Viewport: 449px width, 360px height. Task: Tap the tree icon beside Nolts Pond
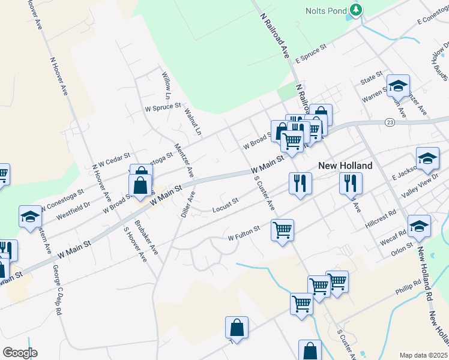point(356,10)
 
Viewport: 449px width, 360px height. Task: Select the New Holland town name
point(345,166)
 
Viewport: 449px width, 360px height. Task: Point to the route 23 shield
point(390,122)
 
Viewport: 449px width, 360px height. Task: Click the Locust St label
point(226,205)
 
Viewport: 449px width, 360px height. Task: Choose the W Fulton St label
point(244,233)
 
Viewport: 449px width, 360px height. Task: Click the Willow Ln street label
point(167,86)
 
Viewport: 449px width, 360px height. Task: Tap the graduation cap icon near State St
point(397,86)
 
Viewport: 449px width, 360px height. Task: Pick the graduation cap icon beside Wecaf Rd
point(418,226)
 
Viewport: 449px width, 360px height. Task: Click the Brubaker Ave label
point(146,238)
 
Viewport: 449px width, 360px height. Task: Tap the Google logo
point(20,353)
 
